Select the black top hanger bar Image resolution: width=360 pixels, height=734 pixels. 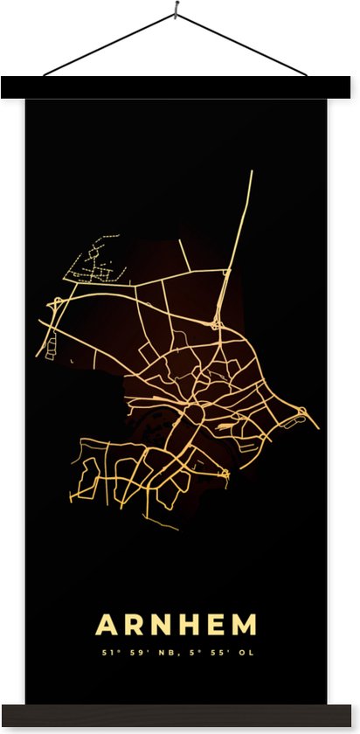coord(175,87)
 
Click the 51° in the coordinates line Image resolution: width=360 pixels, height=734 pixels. coord(109,652)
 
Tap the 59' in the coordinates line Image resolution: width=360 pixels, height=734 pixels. coord(133,652)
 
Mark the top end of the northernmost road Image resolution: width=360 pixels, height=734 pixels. coord(251,172)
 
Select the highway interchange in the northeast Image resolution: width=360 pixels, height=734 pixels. coord(215,324)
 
